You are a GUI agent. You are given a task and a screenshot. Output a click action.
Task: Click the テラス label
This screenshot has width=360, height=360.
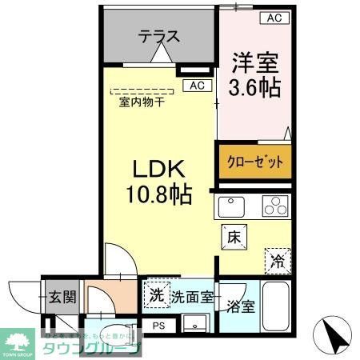tap(158, 37)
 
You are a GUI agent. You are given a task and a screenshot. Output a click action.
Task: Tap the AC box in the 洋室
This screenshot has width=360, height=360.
tap(274, 18)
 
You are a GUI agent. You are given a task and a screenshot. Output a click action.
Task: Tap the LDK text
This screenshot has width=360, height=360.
tap(158, 170)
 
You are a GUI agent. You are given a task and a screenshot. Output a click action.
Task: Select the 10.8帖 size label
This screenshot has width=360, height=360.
tap(158, 195)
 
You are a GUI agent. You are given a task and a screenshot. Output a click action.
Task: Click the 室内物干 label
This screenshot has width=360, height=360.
tap(142, 102)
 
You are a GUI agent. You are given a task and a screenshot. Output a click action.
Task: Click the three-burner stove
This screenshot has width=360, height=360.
tap(273, 207)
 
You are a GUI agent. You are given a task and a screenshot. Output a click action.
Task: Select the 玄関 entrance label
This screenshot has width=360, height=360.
tap(60, 298)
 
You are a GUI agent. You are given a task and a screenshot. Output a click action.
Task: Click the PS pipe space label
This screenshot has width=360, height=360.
tap(159, 326)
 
